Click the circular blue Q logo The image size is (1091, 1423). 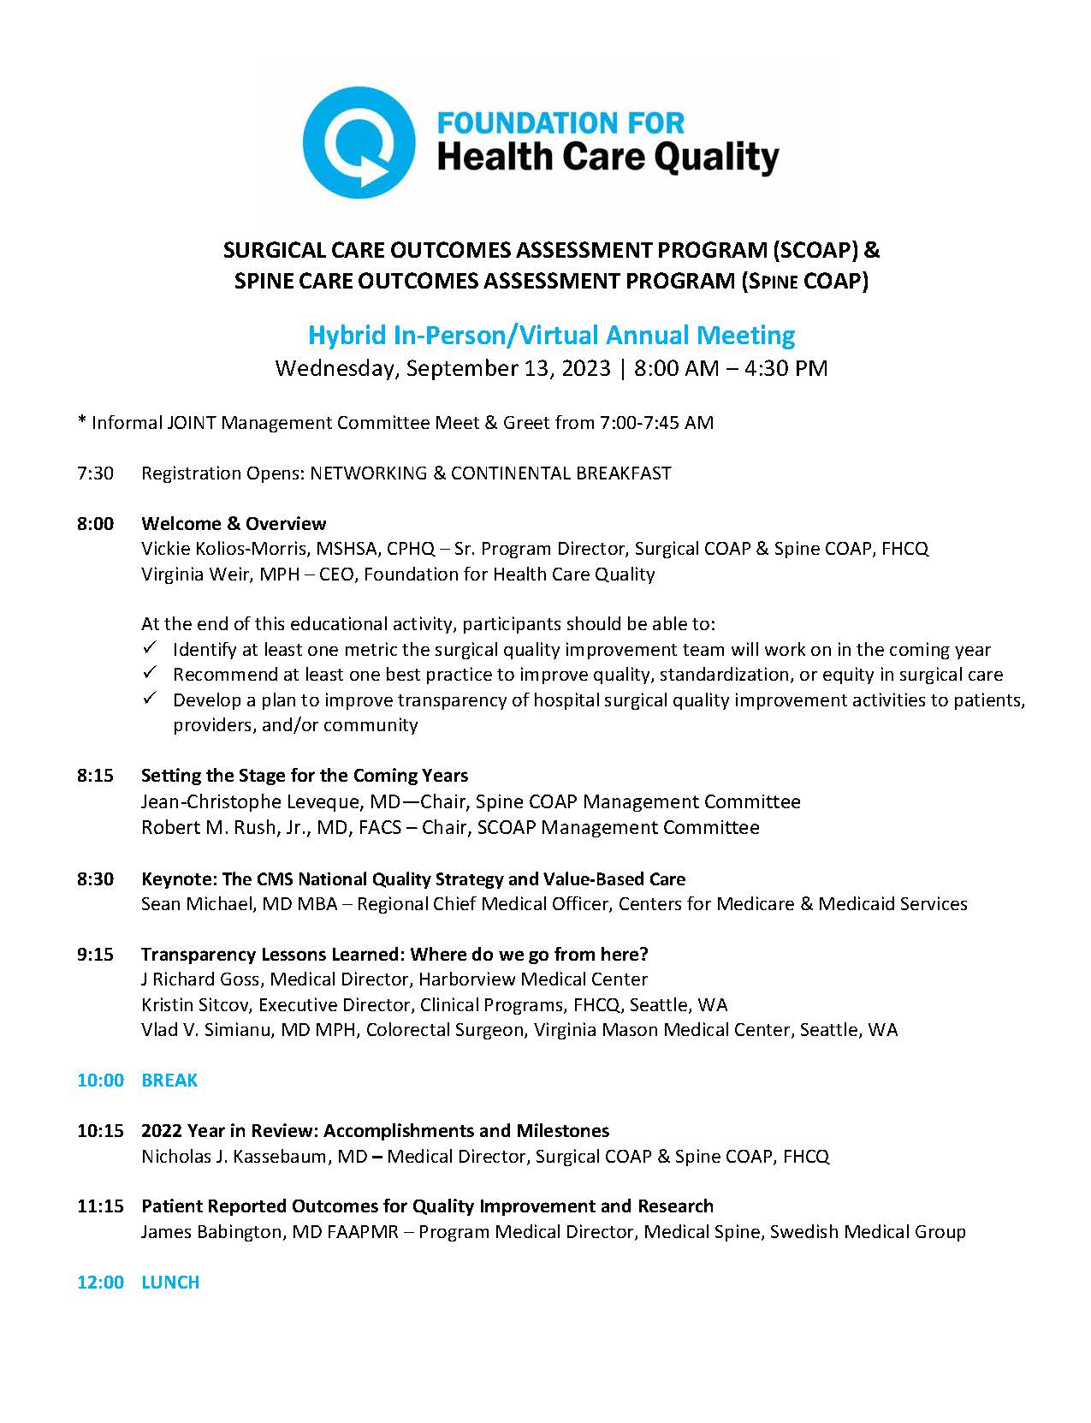[359, 142]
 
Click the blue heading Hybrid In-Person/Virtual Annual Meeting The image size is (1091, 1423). [551, 335]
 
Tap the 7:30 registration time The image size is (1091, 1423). [95, 473]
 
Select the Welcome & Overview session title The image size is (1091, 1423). [234, 523]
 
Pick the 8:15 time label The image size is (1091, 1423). [95, 776]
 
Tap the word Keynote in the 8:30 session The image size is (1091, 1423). [178, 879]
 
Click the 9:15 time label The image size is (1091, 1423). [95, 954]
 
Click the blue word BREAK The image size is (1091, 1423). [169, 1081]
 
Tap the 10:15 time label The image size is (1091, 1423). [100, 1130]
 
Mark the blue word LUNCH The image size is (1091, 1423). [170, 1282]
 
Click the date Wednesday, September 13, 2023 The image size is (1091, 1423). [442, 368]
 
